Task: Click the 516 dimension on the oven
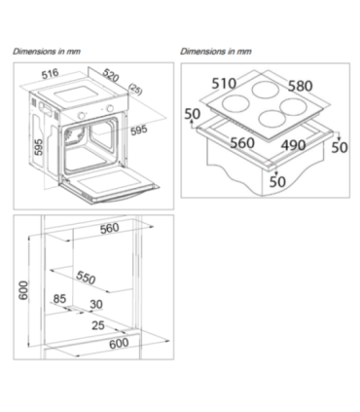51,73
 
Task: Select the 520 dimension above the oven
111,75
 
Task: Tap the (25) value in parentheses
135,90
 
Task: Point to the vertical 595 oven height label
39,147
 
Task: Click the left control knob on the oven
83,115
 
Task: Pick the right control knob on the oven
111,108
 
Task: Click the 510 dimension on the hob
224,84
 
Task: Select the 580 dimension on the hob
301,86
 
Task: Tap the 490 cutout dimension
293,145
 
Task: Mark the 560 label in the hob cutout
242,143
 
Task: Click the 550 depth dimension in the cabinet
86,277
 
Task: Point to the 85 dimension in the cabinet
59,298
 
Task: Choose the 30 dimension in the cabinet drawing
96,304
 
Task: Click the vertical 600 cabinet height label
24,290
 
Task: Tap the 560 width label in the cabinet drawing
110,229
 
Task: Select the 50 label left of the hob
193,114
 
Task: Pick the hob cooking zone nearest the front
272,119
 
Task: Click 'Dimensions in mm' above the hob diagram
216,52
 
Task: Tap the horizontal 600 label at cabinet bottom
119,343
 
